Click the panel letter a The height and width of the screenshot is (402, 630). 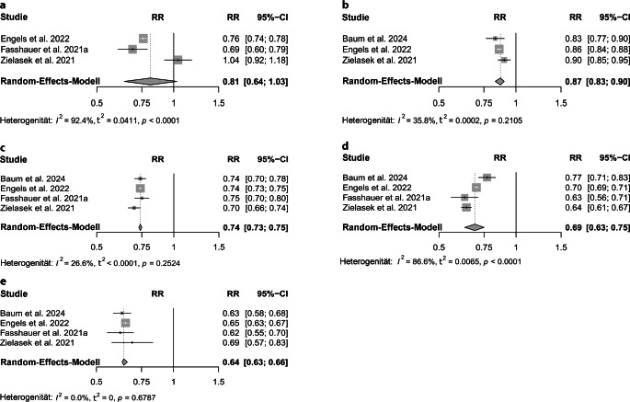5,6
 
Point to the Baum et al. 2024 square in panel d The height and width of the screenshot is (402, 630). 487,177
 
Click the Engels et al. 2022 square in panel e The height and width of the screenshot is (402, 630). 126,322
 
